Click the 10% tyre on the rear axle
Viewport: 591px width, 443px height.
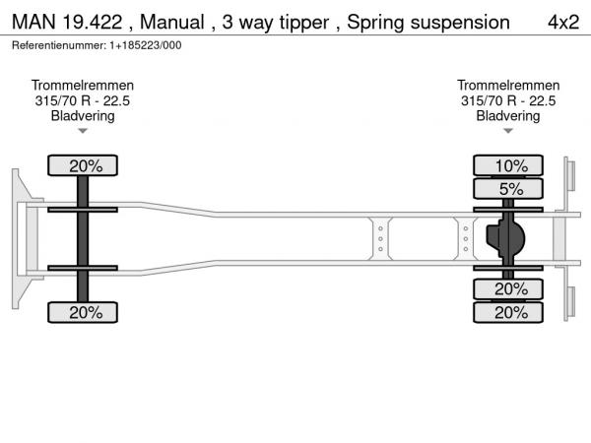(x=507, y=165)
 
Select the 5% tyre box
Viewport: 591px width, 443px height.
(x=507, y=188)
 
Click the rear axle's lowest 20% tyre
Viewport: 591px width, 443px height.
(x=507, y=312)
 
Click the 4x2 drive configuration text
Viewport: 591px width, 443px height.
(x=562, y=22)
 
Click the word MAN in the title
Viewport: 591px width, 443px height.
(x=33, y=22)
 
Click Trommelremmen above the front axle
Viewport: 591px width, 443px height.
(x=83, y=86)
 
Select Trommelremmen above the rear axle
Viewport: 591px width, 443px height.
(x=507, y=86)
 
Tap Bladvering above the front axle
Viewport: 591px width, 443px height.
(x=83, y=115)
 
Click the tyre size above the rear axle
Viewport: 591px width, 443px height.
(x=507, y=100)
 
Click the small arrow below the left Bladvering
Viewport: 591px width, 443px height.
(x=83, y=130)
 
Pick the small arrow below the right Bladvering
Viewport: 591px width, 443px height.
(x=507, y=130)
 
